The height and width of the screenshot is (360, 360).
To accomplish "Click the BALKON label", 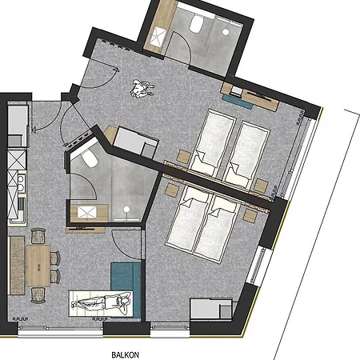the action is click(125, 355).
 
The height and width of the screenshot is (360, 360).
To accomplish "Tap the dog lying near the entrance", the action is click(142, 89).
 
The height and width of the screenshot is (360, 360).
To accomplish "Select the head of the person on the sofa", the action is click(126, 301).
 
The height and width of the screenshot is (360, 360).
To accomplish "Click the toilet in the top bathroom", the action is click(197, 24).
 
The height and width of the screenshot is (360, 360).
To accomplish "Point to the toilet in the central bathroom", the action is click(90, 158).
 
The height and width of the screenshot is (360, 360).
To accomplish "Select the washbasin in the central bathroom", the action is click(87, 213).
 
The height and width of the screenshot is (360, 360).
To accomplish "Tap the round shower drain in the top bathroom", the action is click(226, 32).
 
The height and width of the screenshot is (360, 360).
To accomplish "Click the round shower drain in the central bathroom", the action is click(126, 210).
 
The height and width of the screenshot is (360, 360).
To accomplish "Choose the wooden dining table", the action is click(38, 266).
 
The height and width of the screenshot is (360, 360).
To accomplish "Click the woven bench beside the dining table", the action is click(18, 266).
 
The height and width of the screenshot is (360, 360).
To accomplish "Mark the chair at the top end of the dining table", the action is click(38, 236).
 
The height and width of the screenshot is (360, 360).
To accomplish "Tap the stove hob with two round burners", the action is click(20, 183).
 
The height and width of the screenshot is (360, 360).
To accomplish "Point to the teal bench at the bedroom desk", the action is click(238, 102).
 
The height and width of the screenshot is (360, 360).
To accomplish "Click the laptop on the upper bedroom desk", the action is click(236, 91).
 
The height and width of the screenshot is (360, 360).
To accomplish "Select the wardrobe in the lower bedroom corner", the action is click(211, 309).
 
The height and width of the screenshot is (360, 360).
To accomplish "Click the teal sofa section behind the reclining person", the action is click(126, 278).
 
